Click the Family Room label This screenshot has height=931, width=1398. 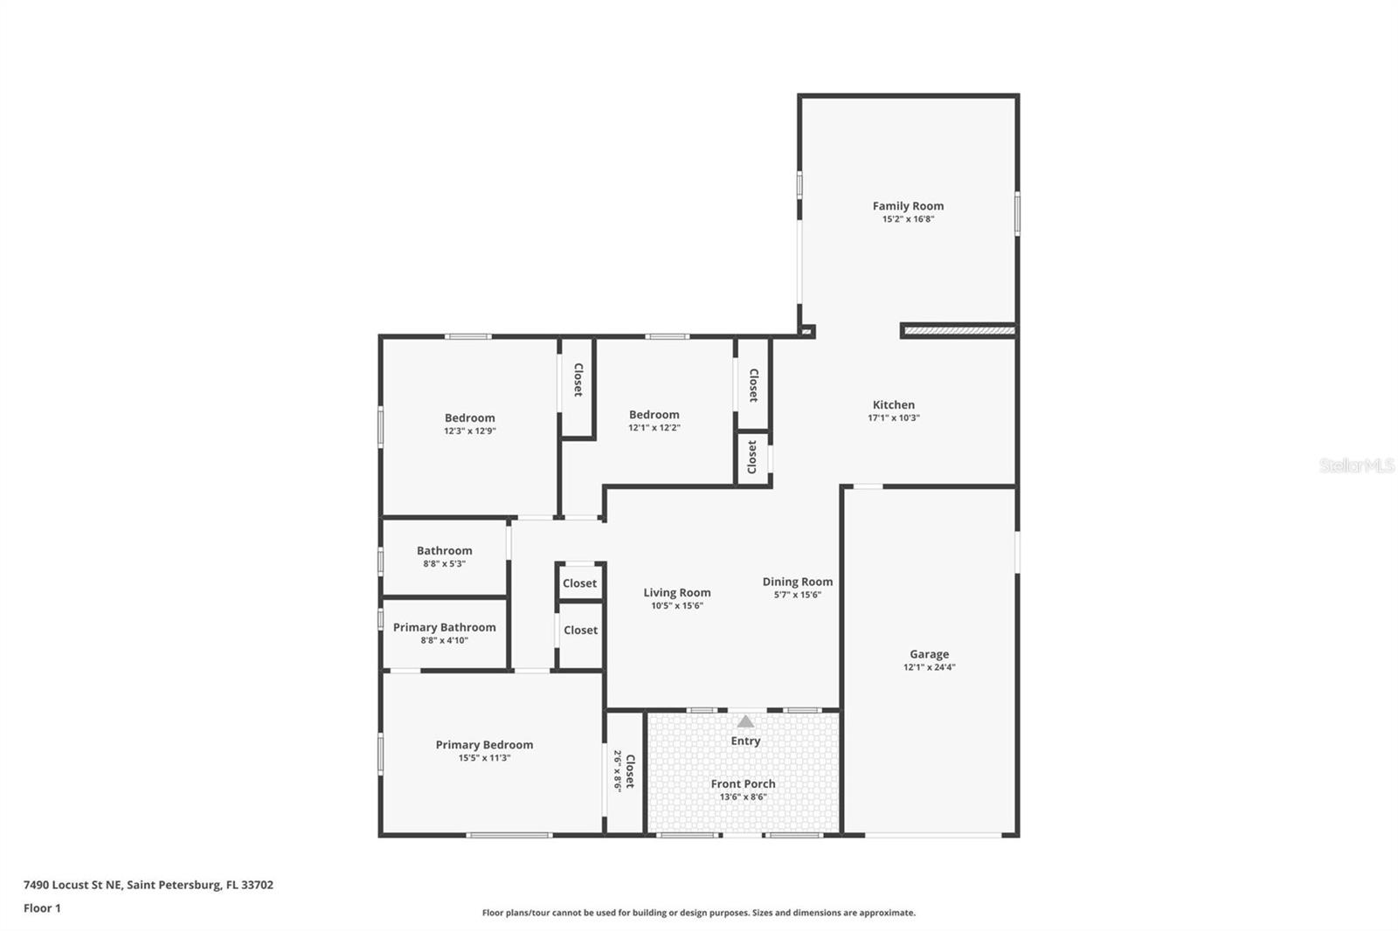point(908,206)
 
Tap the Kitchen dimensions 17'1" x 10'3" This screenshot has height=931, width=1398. point(893,417)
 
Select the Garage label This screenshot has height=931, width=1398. point(929,653)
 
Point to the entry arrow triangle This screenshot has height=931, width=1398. point(745,721)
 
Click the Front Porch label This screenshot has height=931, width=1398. point(743,783)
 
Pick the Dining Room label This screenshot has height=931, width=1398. point(797,582)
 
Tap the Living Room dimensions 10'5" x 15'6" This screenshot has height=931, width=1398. point(676,605)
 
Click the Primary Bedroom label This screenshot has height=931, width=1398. point(484,745)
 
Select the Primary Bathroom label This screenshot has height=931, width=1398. point(444,627)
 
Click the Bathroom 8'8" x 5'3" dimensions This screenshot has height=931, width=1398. point(444,563)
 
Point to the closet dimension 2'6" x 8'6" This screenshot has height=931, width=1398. point(617,770)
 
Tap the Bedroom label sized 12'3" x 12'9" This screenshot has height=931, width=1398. point(469,417)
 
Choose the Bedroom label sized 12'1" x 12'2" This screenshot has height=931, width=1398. point(654,415)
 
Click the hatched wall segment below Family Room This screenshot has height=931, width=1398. point(959,331)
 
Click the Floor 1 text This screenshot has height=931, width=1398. point(42,908)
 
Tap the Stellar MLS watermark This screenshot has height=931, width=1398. point(1356,465)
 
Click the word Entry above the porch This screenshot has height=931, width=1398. point(745,741)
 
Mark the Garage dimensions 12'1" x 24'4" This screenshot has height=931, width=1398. point(929,667)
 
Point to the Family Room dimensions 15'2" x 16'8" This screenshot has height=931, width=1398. point(908,219)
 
